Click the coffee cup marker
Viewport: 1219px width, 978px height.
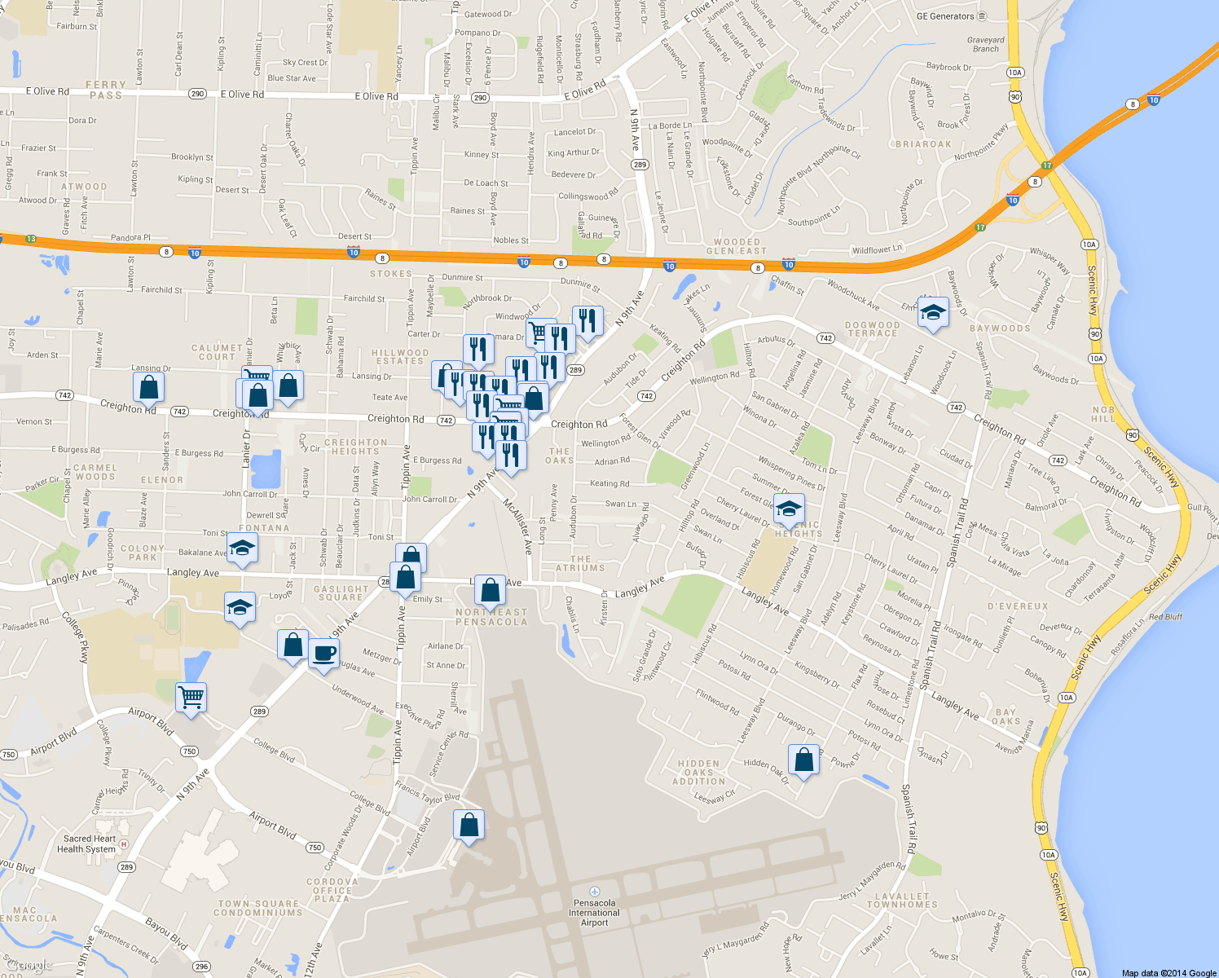click(x=323, y=654)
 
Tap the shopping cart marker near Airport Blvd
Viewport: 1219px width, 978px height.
click(x=191, y=698)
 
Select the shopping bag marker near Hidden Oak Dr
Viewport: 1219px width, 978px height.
click(x=803, y=760)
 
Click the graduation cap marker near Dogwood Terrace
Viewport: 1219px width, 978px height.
click(x=933, y=312)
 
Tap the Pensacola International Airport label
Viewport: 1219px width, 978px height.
click(x=595, y=913)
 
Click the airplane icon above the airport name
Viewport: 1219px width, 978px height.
click(x=595, y=892)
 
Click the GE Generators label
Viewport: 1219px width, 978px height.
click(x=945, y=16)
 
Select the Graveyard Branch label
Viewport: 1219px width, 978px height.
click(x=986, y=44)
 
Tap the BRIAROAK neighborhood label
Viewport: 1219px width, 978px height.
click(x=923, y=144)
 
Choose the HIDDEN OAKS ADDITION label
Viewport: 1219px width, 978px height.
click(x=698, y=773)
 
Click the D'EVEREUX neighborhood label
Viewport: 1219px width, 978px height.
click(x=1018, y=606)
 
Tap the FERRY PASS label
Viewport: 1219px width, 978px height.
click(x=106, y=90)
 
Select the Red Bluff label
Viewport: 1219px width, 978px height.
click(x=1165, y=617)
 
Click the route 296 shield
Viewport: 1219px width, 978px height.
click(x=201, y=967)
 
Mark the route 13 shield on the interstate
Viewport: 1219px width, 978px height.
click(x=31, y=239)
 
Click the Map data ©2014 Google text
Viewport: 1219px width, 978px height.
click(x=1168, y=973)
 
